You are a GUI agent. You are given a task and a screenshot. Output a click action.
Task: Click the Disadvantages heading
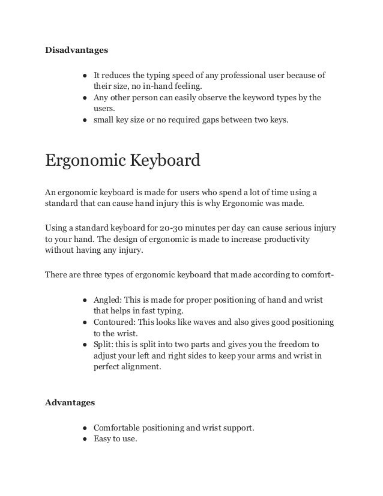tap(77, 50)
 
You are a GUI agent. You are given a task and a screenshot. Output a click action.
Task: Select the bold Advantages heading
tap(70, 402)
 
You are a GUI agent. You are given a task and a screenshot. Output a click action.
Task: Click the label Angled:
tap(109, 300)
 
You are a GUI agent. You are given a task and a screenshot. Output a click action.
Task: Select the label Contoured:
tap(116, 322)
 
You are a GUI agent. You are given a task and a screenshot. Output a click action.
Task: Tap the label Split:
tap(104, 345)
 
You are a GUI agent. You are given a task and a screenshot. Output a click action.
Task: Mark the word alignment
tap(140, 367)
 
